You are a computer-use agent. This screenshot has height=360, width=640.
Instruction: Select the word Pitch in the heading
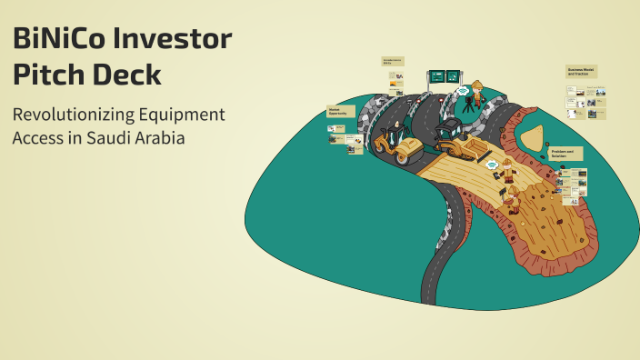tap(45, 75)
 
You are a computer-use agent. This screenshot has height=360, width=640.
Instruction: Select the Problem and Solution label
tap(564, 154)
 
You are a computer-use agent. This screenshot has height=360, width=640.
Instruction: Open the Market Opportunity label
tap(339, 111)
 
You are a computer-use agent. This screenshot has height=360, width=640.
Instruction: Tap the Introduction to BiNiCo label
tap(392, 62)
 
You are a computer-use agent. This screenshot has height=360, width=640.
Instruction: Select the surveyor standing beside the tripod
tap(478, 94)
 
